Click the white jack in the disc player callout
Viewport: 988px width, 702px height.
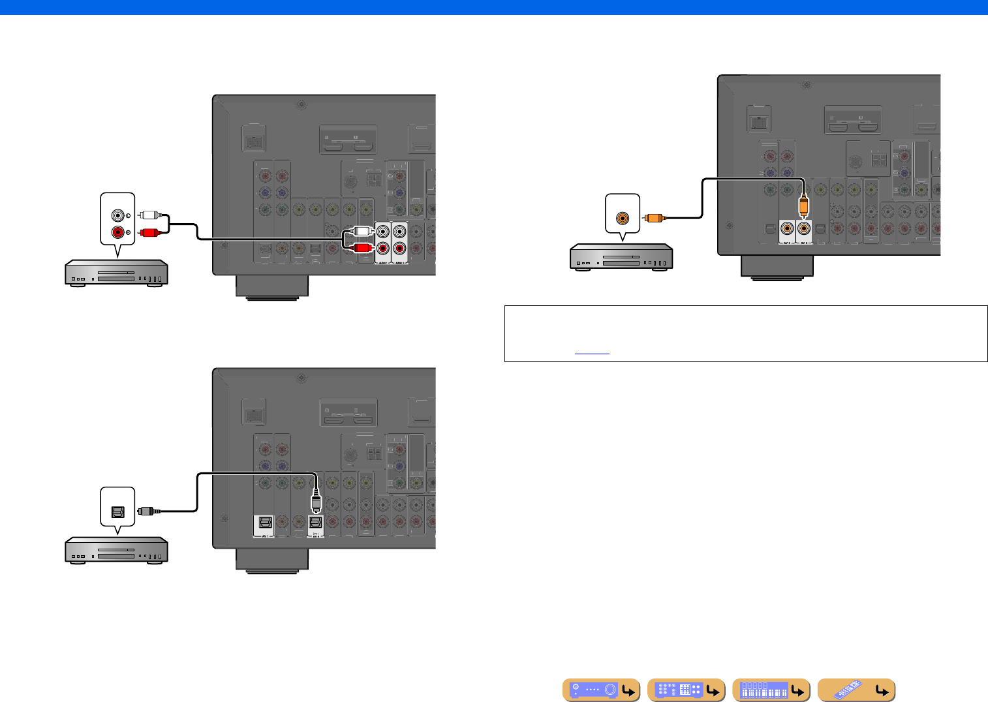(x=118, y=215)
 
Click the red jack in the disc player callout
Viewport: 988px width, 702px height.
(x=118, y=232)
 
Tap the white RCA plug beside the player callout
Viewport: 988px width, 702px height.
(x=149, y=215)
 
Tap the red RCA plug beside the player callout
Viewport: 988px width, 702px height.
(x=149, y=232)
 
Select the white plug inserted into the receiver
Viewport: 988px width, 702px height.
(x=361, y=231)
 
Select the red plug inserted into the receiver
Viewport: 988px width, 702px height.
(x=361, y=247)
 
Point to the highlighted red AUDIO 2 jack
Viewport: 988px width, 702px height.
(x=399, y=248)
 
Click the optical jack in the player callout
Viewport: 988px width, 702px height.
(x=118, y=511)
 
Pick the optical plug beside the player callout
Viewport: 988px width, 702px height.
(x=146, y=511)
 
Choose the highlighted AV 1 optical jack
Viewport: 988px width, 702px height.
(x=265, y=523)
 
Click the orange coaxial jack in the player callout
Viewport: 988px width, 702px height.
(x=623, y=218)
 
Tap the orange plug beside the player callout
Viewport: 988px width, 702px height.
(x=653, y=218)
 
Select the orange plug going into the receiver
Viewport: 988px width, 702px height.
(x=804, y=207)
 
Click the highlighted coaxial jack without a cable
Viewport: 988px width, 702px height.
(x=788, y=228)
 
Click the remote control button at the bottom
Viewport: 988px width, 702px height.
(x=856, y=690)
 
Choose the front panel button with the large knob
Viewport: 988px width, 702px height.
(x=602, y=690)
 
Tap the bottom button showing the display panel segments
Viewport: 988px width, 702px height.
(x=771, y=690)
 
